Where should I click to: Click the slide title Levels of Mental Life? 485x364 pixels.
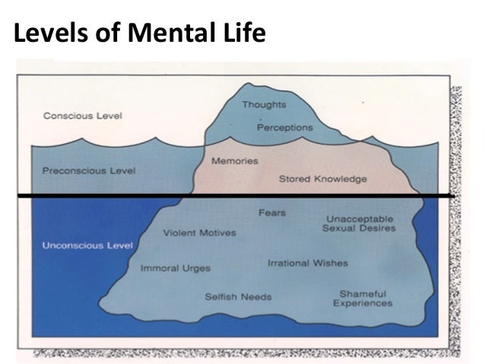point(140,33)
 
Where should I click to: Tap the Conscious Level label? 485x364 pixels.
point(83,116)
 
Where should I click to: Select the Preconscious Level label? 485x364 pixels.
point(90,170)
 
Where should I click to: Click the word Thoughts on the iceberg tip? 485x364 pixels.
point(264,104)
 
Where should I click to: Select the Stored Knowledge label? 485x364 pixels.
point(322,179)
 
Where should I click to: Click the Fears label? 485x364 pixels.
point(272,213)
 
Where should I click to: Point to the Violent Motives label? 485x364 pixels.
point(199,233)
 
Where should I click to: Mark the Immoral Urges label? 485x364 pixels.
point(176,268)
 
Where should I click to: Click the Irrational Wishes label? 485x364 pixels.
point(307,263)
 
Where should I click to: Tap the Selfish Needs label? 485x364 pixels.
point(238,296)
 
